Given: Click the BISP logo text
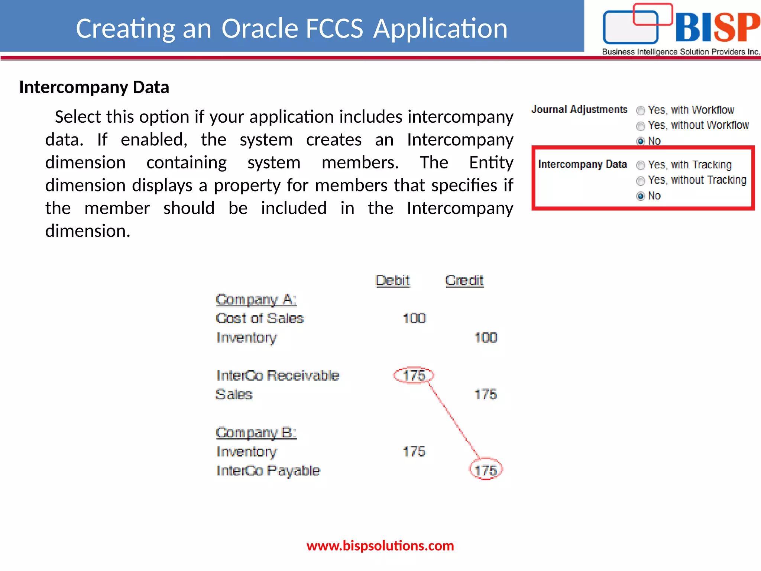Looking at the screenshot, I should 717,28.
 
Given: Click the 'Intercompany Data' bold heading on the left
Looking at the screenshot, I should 94,87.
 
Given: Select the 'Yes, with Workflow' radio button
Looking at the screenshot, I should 641,111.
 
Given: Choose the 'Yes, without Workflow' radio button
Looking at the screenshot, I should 641,126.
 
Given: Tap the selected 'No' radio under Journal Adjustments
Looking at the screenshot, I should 641,141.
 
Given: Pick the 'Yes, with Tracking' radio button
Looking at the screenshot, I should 641,165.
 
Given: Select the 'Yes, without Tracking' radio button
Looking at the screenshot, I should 641,181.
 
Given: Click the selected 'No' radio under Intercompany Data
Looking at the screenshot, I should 641,196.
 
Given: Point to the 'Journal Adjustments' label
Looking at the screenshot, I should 579,109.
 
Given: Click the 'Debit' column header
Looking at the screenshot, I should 392,280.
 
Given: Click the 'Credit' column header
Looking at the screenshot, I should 464,280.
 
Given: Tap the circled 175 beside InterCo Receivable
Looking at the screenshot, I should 414,375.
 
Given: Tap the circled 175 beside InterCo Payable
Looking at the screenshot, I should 486,470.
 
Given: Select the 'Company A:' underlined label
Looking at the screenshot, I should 256,300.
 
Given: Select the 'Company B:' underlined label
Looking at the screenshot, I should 256,432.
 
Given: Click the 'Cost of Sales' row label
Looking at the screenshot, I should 260,318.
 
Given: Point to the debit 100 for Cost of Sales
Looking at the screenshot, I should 414,318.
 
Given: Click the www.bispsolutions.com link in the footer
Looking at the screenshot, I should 380,546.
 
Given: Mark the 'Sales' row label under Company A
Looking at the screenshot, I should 234,394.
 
